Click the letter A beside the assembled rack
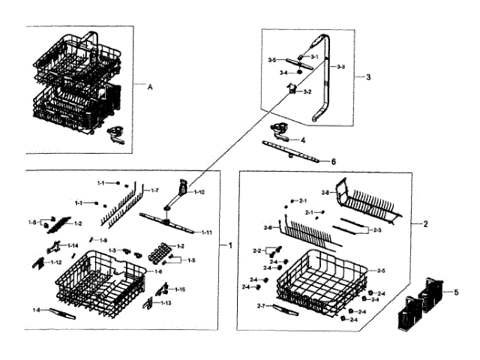[x=149, y=88]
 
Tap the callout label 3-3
[x=340, y=67]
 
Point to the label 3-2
[x=307, y=92]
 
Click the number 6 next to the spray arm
[x=334, y=161]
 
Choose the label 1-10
[x=199, y=193]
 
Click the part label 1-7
[x=154, y=191]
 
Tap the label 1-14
[x=72, y=246]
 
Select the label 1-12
[x=56, y=262]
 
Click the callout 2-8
[x=325, y=193]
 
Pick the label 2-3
[x=377, y=230]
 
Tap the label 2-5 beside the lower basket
[x=381, y=271]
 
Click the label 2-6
[x=268, y=228]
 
